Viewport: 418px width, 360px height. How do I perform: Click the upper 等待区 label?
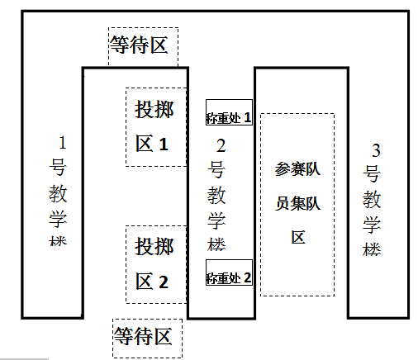click(x=139, y=45)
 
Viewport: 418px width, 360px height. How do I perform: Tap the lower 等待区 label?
click(x=143, y=336)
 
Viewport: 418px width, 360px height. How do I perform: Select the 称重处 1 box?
click(x=229, y=112)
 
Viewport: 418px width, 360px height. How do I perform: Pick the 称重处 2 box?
click(x=229, y=272)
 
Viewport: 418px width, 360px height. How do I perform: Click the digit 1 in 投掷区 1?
click(x=164, y=144)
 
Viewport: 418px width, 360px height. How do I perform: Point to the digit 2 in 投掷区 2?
click(x=164, y=282)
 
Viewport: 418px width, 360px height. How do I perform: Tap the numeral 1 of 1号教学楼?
click(x=63, y=143)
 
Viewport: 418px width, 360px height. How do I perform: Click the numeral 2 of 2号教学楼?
click(x=221, y=146)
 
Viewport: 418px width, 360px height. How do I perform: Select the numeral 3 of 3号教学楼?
click(x=376, y=150)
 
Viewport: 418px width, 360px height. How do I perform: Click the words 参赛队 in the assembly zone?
click(x=297, y=168)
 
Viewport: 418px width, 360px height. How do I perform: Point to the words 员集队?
click(x=297, y=203)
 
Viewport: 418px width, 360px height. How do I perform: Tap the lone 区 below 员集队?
click(x=298, y=237)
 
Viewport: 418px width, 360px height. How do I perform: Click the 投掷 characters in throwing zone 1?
click(x=154, y=109)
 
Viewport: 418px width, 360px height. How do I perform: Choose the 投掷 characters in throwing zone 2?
click(x=154, y=247)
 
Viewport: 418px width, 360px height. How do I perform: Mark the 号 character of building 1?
click(x=58, y=168)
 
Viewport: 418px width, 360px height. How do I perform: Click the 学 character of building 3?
click(x=372, y=225)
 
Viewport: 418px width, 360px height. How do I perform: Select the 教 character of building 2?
click(x=216, y=195)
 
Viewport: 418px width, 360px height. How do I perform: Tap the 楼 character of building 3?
click(x=372, y=249)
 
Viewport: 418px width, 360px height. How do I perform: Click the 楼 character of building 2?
click(x=216, y=244)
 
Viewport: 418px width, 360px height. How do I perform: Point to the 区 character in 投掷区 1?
click(x=145, y=144)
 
